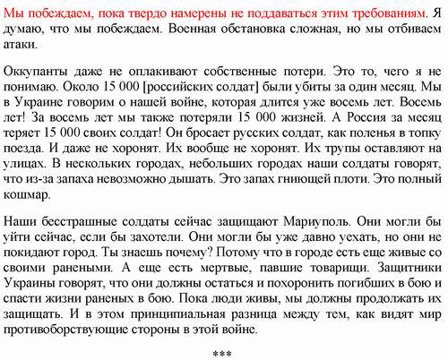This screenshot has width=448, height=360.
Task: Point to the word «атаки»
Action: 21,44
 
